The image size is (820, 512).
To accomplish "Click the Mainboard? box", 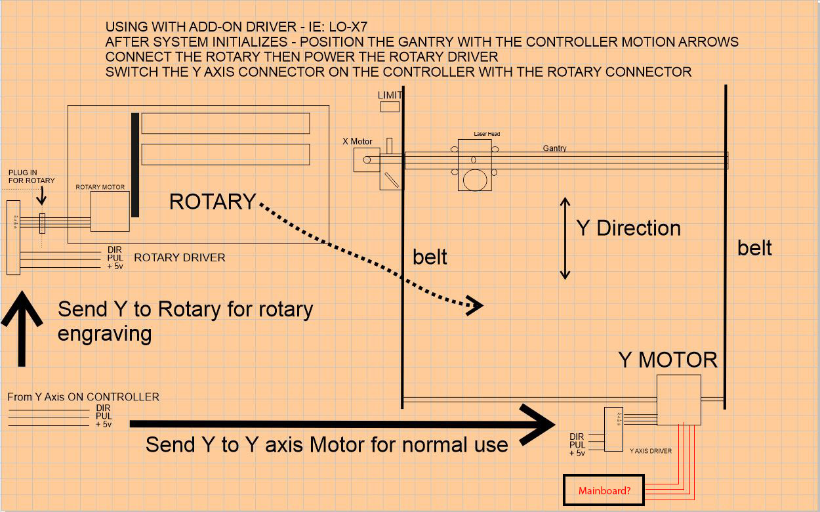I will [604, 490].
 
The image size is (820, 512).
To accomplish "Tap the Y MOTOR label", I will [668, 360].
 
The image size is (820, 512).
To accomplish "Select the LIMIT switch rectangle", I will [390, 106].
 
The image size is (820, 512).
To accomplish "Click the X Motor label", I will [357, 141].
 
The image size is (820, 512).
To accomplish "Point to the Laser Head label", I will [487, 134].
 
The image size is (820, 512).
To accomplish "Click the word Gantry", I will [554, 148].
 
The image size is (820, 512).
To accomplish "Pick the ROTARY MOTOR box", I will [110, 211].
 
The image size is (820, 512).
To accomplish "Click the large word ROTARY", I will [213, 202].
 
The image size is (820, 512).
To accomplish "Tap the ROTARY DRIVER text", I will [179, 257].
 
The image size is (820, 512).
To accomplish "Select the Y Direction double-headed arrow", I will [564, 238].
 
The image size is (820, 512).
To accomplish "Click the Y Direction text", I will [628, 228].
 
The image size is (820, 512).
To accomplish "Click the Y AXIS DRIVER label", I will [650, 451].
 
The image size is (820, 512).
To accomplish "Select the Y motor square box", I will [679, 400].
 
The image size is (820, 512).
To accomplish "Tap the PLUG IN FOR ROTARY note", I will [31, 177].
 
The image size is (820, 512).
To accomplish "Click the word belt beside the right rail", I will [754, 248].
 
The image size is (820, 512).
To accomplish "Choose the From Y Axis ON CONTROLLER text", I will [83, 397].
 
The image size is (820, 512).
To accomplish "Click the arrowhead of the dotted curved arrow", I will [474, 305].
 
